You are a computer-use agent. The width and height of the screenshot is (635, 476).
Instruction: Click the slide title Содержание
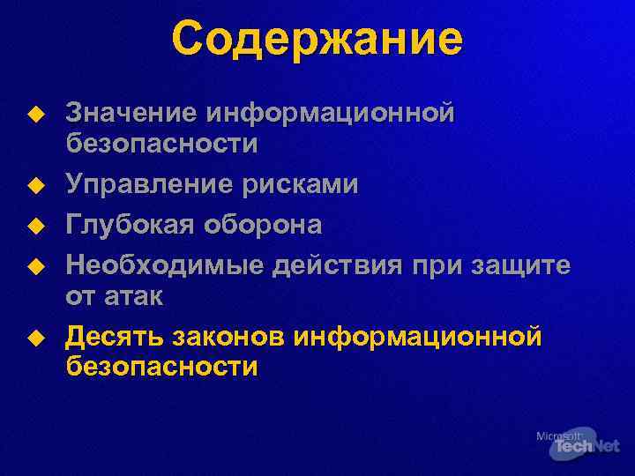point(317,40)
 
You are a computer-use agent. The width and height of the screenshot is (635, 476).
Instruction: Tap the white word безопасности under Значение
point(162,144)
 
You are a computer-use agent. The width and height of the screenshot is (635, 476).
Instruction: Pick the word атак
point(134,296)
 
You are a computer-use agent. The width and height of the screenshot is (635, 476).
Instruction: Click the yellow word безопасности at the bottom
point(162,367)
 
